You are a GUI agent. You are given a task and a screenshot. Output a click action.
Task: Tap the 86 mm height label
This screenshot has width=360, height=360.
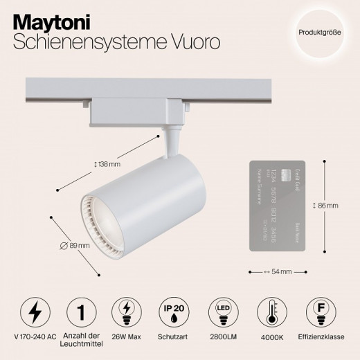pos(325,206)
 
